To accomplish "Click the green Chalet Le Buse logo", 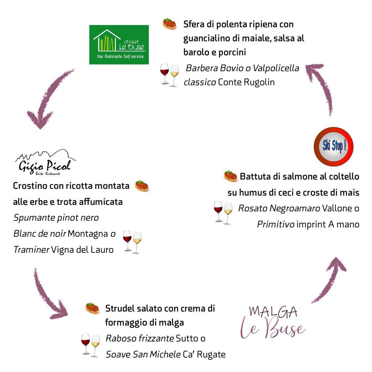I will coord(119,44).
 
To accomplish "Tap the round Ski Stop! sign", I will coord(333,146).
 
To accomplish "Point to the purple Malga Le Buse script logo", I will coord(273,322).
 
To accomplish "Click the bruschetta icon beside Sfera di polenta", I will coord(169,24).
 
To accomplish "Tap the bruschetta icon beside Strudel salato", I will coord(92,308).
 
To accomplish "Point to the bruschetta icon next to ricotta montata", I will coord(142,186).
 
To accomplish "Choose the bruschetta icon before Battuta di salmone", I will coord(230,176).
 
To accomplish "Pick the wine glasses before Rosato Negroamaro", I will coord(223,213).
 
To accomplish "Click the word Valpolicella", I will coord(276,68).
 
